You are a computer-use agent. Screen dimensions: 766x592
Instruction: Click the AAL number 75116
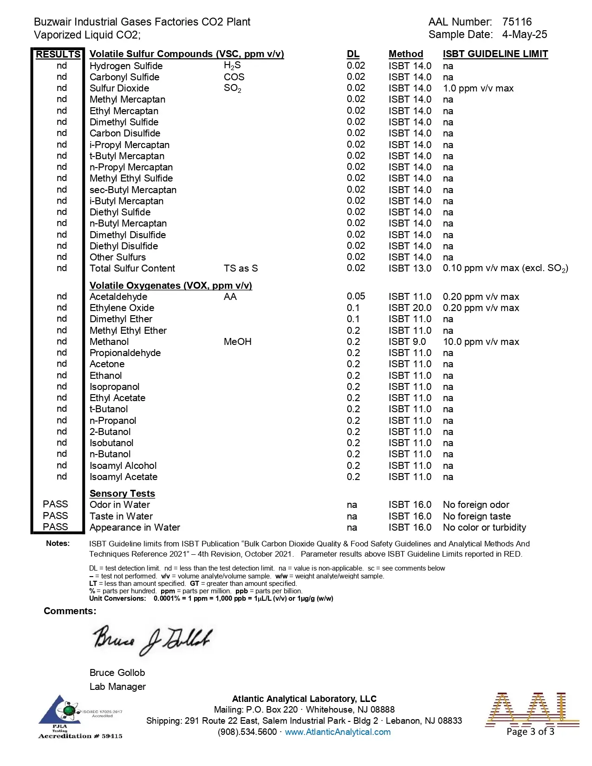[517, 22]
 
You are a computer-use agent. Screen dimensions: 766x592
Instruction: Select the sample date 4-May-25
[524, 34]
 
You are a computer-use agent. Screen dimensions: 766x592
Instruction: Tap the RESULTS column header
[58, 54]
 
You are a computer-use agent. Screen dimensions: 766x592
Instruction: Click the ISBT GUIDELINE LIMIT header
[495, 54]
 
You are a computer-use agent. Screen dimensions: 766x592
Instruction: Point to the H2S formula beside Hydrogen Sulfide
[232, 66]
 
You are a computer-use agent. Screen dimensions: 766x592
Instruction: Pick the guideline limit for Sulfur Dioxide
[478, 88]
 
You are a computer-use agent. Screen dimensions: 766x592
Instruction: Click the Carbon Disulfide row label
[124, 133]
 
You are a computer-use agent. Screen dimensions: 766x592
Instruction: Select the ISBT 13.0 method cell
[410, 268]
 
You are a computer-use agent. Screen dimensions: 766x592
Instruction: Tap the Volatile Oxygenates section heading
[170, 286]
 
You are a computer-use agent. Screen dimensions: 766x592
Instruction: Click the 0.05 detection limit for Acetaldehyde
[356, 296]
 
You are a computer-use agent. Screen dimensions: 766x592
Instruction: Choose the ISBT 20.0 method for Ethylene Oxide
[410, 308]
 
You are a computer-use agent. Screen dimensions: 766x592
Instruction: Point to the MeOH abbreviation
[237, 342]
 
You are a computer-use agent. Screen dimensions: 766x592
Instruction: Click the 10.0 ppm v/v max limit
[481, 342]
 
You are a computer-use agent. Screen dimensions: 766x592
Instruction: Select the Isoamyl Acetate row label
[123, 477]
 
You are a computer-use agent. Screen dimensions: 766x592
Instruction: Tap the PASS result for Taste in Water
[55, 516]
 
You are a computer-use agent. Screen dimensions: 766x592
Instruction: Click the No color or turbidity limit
[484, 527]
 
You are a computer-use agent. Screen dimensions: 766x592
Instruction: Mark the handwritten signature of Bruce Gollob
[153, 639]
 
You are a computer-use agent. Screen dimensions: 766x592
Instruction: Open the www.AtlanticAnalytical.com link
[338, 732]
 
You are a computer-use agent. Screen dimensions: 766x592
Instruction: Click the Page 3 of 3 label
[530, 732]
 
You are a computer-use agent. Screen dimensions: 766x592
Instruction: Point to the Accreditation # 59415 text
[80, 736]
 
